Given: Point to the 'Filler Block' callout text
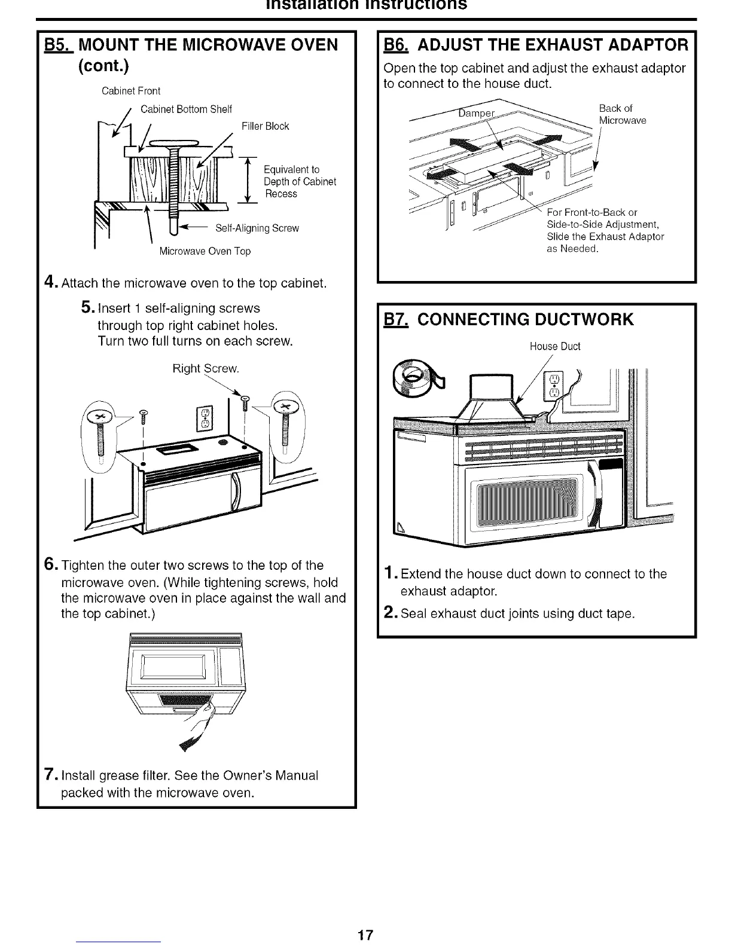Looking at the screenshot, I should click(265, 126).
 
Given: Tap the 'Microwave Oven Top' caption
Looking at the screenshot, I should click(205, 251).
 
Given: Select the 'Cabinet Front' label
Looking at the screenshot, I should click(131, 91).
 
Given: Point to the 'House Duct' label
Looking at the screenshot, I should click(555, 347).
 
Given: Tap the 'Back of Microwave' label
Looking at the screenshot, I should click(622, 114).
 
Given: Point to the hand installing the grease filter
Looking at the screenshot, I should click(203, 714).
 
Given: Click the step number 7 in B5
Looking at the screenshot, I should click(50, 775).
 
